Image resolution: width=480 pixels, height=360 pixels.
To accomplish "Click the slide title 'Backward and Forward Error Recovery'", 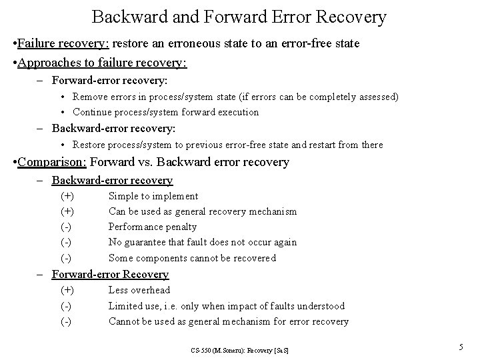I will (239, 17).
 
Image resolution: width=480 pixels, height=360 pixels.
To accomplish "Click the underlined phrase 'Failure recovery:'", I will (64, 44).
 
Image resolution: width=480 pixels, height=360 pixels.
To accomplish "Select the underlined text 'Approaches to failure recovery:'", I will (103, 63).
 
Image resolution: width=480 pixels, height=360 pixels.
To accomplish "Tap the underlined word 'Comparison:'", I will (53, 161).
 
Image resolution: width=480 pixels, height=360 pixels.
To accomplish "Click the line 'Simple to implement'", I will (153, 196).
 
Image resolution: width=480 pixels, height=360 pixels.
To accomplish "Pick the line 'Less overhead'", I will (139, 290).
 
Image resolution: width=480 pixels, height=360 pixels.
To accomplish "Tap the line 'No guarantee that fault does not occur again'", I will (202, 242).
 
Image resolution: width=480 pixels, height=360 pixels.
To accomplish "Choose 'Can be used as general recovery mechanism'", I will (202, 211).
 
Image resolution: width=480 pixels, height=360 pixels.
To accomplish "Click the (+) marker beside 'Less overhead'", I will (67, 290).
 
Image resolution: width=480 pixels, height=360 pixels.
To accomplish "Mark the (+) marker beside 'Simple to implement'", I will (67, 196).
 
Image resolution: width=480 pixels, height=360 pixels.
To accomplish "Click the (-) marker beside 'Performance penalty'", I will (66, 227).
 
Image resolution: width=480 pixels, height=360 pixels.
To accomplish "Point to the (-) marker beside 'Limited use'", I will (66, 306).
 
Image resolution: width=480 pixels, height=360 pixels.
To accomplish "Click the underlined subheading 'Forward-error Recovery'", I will (110, 274).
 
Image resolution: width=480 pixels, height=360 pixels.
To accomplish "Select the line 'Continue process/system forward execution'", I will (165, 112).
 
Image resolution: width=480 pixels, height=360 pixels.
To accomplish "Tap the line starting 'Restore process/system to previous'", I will (227, 145).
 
